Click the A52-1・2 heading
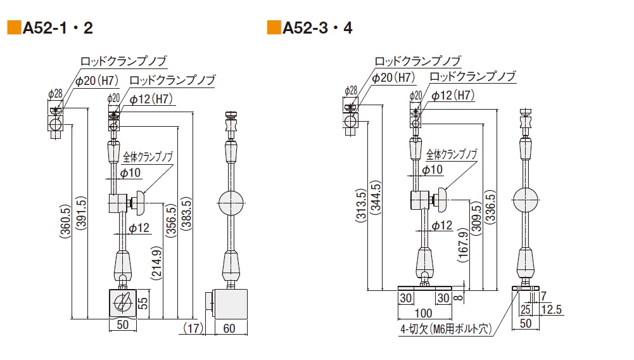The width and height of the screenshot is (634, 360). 58,28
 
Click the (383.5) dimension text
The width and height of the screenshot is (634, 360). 186,215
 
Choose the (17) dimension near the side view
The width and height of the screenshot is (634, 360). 193,328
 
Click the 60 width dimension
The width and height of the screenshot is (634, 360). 229,328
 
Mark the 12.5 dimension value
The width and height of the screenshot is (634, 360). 550,309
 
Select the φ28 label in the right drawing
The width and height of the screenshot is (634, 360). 350,91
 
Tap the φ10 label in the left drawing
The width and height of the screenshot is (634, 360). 130,172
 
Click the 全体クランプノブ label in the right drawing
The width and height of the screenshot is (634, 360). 452,155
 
